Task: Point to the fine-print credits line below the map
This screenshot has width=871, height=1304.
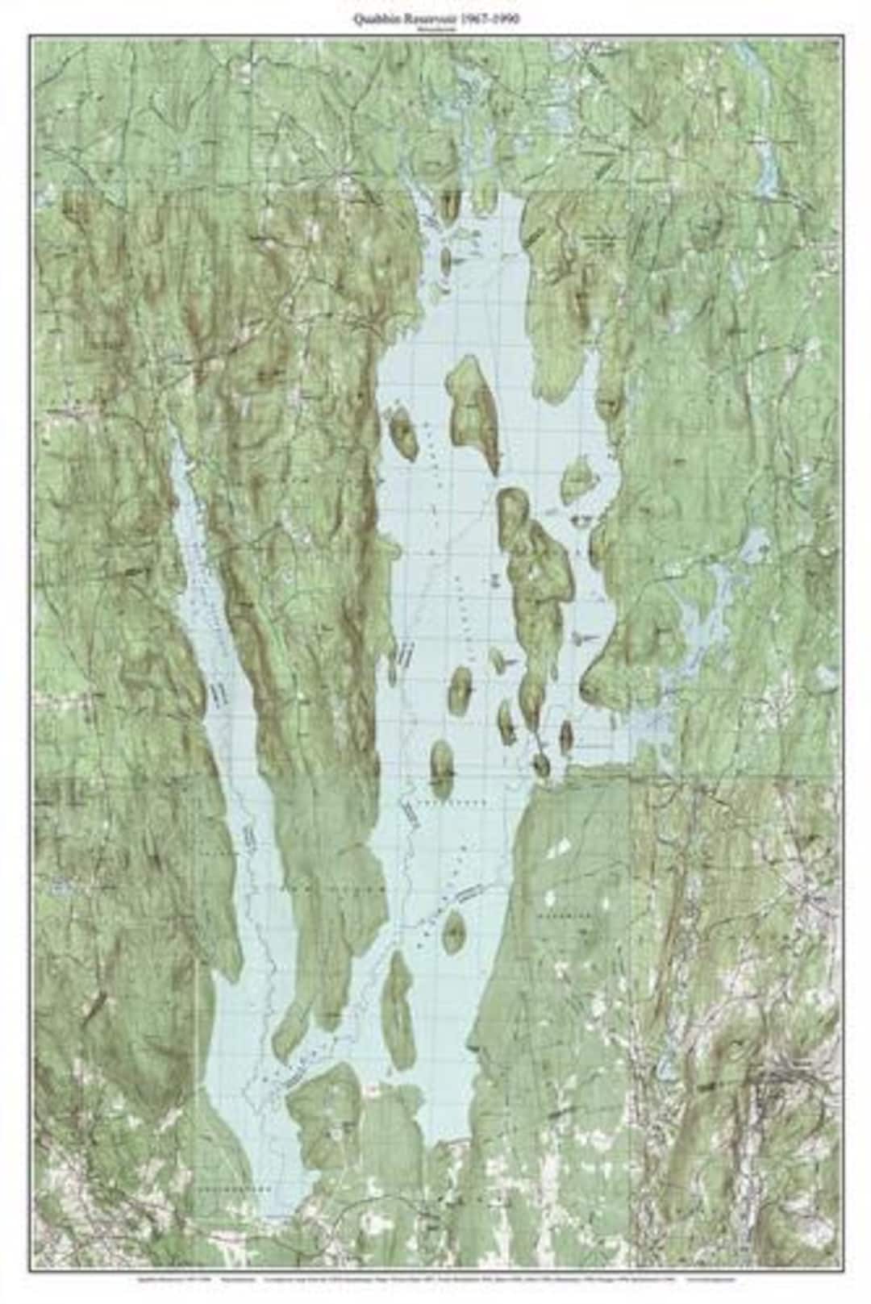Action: coord(435,1280)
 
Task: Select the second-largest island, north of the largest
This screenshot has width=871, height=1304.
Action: coord(473,411)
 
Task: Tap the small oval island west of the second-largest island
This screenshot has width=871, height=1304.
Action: coord(402,431)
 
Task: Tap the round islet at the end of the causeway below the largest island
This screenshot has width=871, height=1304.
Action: coord(541,764)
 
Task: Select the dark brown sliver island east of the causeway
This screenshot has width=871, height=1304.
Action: coord(566,735)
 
